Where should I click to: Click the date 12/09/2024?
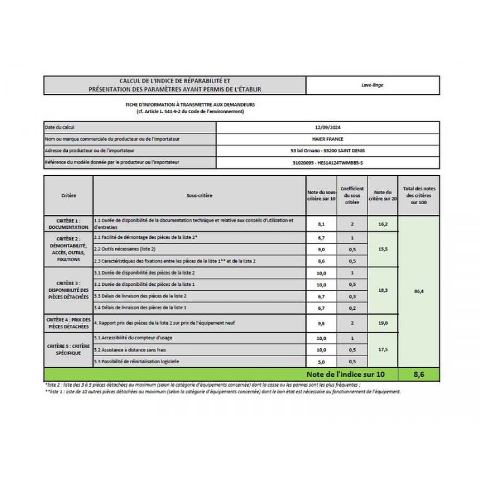(x=327, y=127)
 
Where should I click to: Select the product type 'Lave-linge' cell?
(x=372, y=85)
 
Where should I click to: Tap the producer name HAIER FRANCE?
(x=327, y=139)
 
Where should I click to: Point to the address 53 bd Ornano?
(x=327, y=151)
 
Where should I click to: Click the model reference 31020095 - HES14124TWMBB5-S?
(x=327, y=163)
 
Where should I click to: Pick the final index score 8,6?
(x=419, y=374)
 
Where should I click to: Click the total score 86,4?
(x=419, y=291)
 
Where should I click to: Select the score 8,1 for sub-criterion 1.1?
(x=322, y=224)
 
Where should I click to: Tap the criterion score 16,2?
(x=382, y=224)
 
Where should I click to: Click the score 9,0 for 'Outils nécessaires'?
(x=322, y=249)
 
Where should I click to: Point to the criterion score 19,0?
(x=382, y=323)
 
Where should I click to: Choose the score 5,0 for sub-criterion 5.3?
(x=322, y=362)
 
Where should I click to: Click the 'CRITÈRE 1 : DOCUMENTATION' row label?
(x=68, y=223)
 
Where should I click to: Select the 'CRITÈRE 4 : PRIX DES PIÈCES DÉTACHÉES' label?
(x=68, y=323)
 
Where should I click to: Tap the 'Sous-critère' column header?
(x=199, y=196)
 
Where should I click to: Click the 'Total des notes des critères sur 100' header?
(x=419, y=196)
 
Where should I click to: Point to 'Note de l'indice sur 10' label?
(x=345, y=374)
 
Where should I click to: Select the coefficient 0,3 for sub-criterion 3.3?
(x=352, y=296)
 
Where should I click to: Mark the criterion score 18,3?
(x=382, y=290)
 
